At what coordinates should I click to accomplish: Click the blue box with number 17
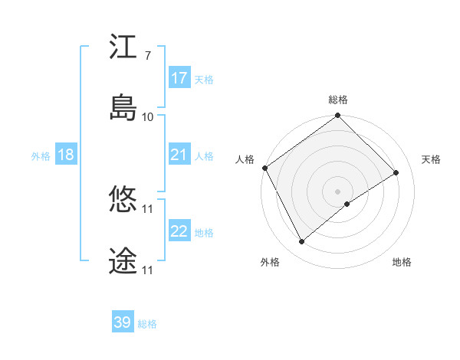tap(179, 78)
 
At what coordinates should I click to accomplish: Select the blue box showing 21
tap(179, 155)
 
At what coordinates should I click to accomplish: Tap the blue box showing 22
tap(179, 231)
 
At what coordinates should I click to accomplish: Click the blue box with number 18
tap(65, 155)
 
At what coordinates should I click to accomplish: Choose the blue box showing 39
tap(123, 322)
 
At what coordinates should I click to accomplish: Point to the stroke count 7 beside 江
tap(147, 56)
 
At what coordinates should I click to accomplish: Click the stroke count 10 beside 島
tap(148, 117)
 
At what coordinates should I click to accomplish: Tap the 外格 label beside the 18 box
tap(41, 155)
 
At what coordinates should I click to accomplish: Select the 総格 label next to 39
tap(147, 324)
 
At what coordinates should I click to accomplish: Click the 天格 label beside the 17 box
tap(204, 79)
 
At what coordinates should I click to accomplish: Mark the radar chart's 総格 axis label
tap(338, 100)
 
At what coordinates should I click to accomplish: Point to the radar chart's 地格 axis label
tap(402, 263)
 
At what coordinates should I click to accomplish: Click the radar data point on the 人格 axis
tap(265, 168)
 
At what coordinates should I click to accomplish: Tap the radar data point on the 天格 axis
tap(396, 173)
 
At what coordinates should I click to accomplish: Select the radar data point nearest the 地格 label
tap(347, 203)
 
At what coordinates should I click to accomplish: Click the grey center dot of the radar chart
tap(338, 191)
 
